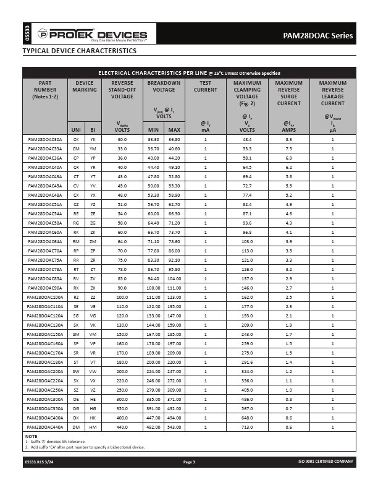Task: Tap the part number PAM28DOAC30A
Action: (x=45, y=140)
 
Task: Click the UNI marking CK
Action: (x=76, y=140)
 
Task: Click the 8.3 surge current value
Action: (x=288, y=140)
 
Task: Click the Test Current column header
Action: (x=206, y=86)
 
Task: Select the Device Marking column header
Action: (x=85, y=86)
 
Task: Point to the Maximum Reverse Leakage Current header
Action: (x=332, y=93)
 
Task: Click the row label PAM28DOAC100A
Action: (x=45, y=297)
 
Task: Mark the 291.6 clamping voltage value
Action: (x=247, y=361)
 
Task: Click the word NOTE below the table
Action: (x=31, y=437)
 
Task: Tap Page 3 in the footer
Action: (x=189, y=462)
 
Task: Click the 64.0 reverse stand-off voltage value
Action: (x=122, y=241)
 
